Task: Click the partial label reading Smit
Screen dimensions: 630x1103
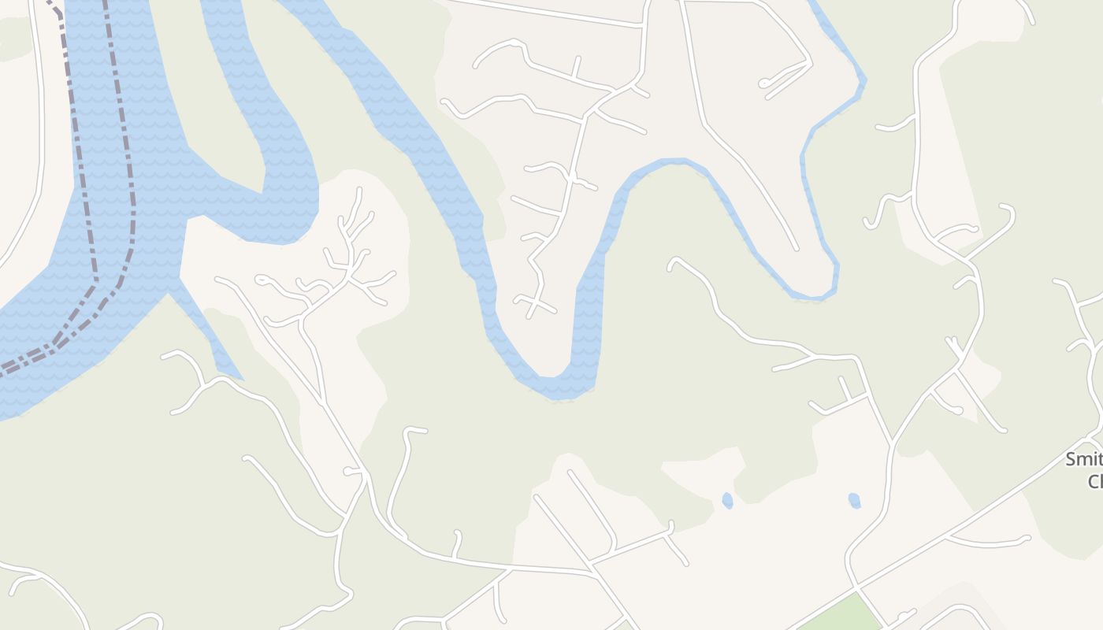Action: (1084, 460)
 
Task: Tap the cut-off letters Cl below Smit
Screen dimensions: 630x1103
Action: (1095, 481)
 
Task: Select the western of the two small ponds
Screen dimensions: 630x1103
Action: (726, 500)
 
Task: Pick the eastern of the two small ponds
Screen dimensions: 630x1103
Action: (854, 500)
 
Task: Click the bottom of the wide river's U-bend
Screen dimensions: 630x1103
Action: (555, 386)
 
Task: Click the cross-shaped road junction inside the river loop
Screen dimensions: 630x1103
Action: (536, 302)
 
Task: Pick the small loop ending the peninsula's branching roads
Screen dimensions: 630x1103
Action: (261, 280)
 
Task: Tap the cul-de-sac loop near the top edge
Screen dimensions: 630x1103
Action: (763, 83)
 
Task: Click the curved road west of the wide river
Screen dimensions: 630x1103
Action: (32, 197)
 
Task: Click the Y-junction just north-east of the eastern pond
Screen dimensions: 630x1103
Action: (891, 446)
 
